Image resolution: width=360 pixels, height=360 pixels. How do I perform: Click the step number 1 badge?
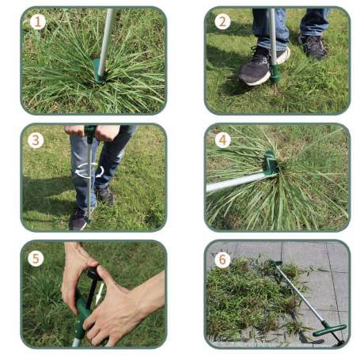click(x=38, y=21)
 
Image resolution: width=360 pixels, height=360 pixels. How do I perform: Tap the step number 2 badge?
click(x=222, y=21)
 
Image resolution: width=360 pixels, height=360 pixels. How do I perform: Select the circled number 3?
click(x=36, y=140)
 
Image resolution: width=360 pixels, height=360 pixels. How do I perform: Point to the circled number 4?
click(x=223, y=140)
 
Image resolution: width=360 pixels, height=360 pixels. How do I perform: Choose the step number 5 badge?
click(x=36, y=258)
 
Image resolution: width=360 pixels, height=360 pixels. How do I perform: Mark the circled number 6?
click(x=222, y=260)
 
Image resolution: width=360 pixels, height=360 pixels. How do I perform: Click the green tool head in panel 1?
click(x=99, y=71)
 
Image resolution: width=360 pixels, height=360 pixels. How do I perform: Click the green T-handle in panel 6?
click(x=329, y=330)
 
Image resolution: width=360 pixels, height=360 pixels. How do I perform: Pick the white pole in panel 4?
click(x=236, y=181)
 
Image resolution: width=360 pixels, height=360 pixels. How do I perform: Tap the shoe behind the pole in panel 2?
click(x=314, y=47)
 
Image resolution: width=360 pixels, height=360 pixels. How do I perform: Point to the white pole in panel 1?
click(x=106, y=41)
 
